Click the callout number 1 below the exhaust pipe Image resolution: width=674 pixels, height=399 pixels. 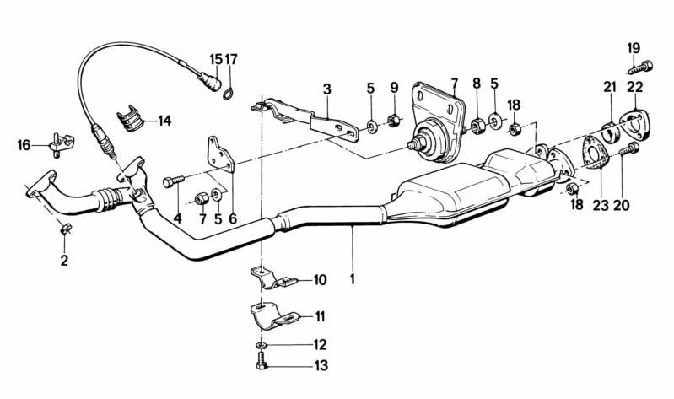click(x=353, y=279)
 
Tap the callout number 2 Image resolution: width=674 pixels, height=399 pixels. click(x=64, y=260)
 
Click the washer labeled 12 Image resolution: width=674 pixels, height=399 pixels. click(x=261, y=345)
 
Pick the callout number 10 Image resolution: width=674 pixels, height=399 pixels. click(x=320, y=280)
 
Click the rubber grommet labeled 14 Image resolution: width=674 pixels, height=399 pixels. click(x=129, y=119)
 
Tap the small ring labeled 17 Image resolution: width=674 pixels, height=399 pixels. click(x=229, y=93)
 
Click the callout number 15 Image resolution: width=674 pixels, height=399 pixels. click(x=216, y=59)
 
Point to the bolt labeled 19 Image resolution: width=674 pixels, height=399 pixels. click(x=640, y=67)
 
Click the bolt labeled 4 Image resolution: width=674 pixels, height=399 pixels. click(x=174, y=182)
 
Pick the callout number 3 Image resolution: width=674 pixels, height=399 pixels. click(x=327, y=89)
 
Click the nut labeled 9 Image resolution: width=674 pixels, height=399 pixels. click(x=393, y=120)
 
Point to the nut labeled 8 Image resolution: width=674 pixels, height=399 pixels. click(x=477, y=125)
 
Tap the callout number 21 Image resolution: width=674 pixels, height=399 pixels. click(x=610, y=87)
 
